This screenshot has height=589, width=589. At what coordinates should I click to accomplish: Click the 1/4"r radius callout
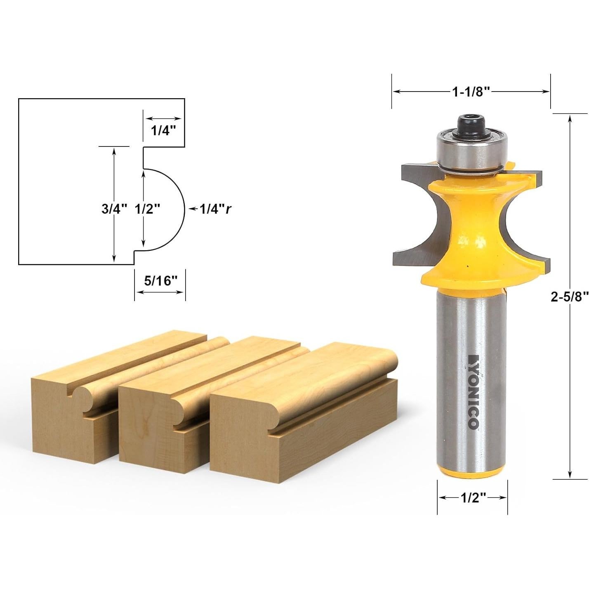[215, 209]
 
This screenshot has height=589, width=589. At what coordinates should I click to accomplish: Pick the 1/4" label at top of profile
[163, 131]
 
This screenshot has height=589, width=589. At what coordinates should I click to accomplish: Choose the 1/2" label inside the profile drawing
[147, 209]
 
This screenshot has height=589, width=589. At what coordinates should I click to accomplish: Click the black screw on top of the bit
[471, 124]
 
